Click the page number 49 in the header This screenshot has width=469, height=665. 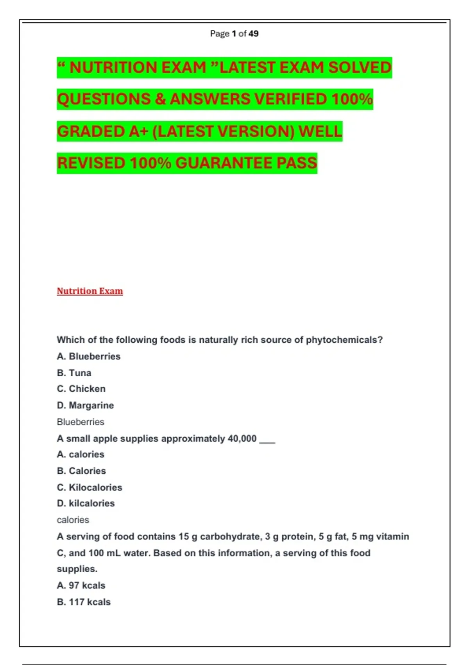click(x=253, y=34)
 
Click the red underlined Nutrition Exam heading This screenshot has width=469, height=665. click(x=90, y=291)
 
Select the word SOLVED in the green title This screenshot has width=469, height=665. click(x=360, y=67)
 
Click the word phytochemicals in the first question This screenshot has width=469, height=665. click(x=341, y=340)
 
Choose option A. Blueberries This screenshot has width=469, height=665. click(x=89, y=356)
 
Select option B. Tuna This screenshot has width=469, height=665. click(x=74, y=373)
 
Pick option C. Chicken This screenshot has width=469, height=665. click(x=81, y=389)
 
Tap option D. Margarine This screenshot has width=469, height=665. click(x=85, y=405)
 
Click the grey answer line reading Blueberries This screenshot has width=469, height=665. click(x=81, y=422)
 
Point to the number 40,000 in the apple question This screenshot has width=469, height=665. click(x=242, y=439)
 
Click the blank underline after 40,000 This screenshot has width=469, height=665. click(x=267, y=441)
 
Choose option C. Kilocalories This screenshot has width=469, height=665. click(x=90, y=487)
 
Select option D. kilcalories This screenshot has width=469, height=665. click(x=86, y=503)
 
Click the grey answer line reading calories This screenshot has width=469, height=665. click(x=73, y=520)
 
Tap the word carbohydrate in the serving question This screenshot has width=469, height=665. click(x=230, y=536)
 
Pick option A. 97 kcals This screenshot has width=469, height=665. click(x=81, y=585)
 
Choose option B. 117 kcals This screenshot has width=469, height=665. click(x=84, y=602)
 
